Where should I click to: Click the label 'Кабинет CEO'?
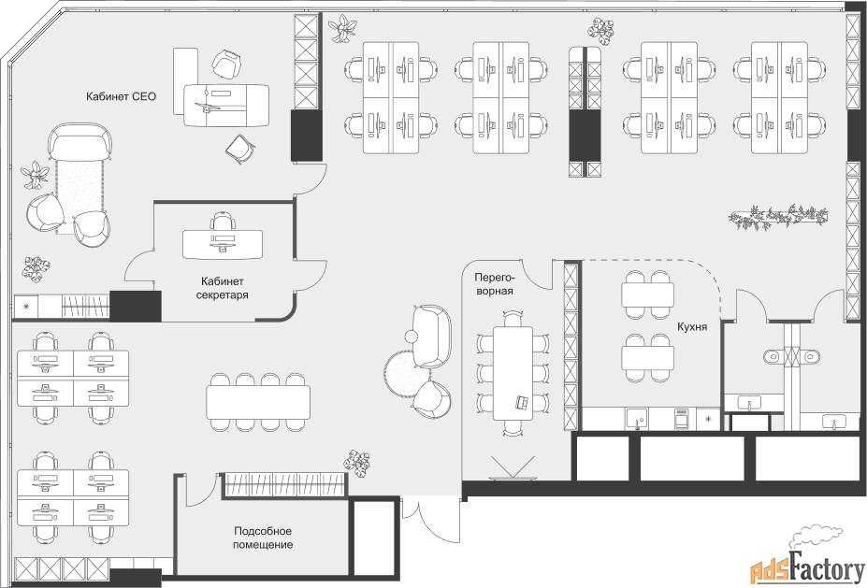coord(121,96)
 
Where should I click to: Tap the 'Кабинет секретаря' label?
coord(223,288)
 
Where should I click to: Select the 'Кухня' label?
coord(692,327)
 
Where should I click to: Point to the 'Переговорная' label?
coord(494,283)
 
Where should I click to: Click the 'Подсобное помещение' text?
coord(263,538)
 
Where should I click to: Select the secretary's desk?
coord(223,244)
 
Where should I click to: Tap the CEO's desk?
coord(226,105)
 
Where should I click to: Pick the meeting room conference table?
coord(513,373)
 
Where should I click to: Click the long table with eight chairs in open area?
coord(258,402)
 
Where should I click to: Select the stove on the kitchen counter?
coord(681,419)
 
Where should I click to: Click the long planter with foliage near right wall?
coord(778,216)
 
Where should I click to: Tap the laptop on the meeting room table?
coord(522,402)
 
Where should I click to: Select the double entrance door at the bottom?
coord(431,523)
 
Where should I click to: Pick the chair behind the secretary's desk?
coord(223,221)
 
